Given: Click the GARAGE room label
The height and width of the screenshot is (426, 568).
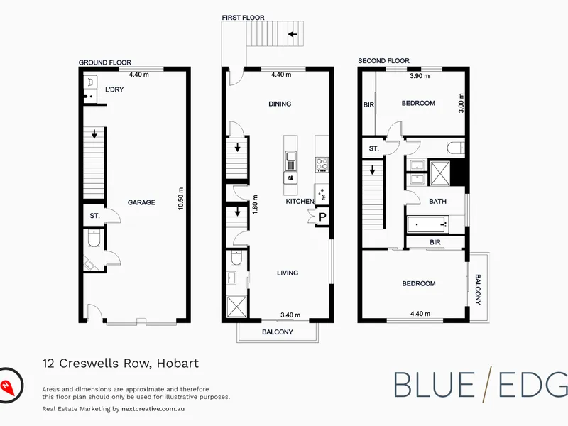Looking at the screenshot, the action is [141, 202].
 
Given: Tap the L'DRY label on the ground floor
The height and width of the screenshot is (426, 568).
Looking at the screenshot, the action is [114, 89].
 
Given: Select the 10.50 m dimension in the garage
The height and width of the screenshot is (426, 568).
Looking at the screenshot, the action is [181, 199].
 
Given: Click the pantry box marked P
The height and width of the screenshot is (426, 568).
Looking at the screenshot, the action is [322, 217].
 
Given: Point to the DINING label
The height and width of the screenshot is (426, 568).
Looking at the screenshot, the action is [280, 104].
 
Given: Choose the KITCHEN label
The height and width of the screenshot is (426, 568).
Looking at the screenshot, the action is [300, 202].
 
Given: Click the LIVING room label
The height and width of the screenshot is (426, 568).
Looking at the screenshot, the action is [288, 273].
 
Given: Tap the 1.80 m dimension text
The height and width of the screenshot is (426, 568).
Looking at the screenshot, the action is [255, 204].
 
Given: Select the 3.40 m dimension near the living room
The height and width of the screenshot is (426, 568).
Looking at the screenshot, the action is [290, 315].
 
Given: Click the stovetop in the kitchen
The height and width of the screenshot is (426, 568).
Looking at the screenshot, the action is [322, 164].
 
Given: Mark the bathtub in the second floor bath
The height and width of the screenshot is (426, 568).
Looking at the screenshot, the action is [428, 224].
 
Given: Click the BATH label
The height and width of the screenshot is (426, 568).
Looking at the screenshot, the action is [437, 202].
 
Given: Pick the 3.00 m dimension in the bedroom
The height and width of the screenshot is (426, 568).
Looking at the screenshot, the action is [461, 103].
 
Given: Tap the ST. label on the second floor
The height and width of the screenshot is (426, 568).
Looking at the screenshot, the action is [374, 148].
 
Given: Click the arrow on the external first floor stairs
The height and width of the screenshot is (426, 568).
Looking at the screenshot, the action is [293, 34].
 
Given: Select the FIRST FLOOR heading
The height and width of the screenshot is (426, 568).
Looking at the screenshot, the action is [243, 17].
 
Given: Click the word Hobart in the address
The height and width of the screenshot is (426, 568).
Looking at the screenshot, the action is [177, 363].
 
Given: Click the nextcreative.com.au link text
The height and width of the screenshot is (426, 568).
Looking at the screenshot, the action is [153, 409].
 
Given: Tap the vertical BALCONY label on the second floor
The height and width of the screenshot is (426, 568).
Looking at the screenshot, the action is [478, 290].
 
